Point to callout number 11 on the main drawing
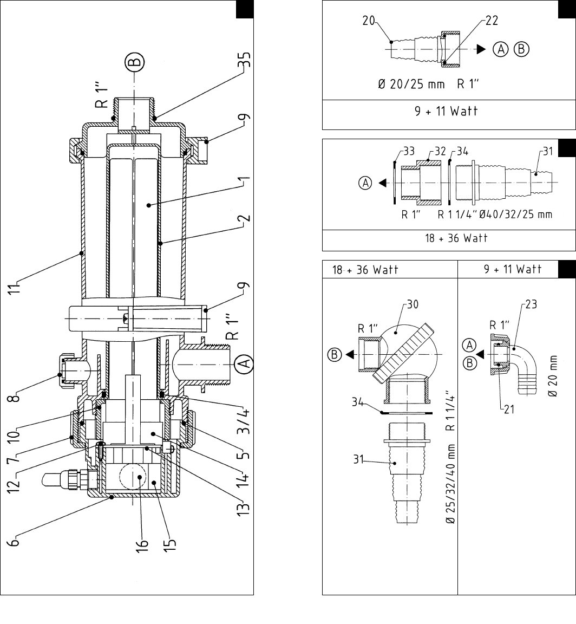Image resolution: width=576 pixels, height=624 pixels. [14, 289]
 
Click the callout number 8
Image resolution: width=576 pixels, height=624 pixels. [15, 396]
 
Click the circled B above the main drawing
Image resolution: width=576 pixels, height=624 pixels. [135, 62]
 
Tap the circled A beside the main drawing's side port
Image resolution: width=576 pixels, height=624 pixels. [244, 363]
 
